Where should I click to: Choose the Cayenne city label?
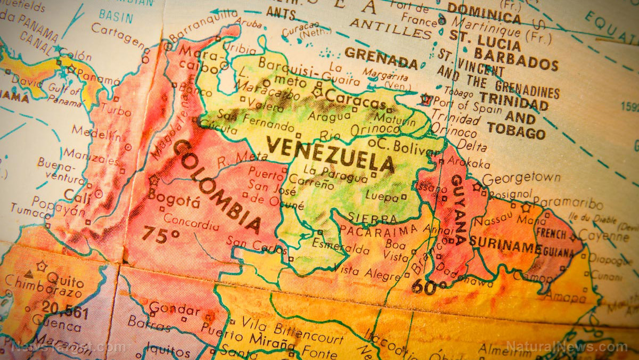(x=603, y=236)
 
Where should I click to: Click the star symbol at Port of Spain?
(x=425, y=99)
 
